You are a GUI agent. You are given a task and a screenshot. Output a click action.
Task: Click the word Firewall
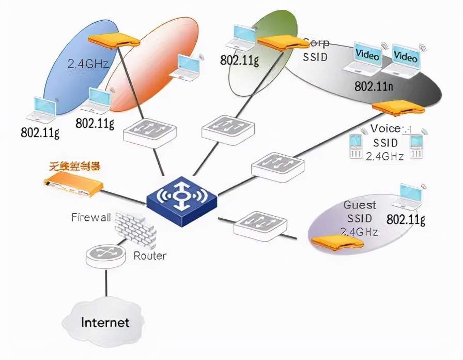pos(91,217)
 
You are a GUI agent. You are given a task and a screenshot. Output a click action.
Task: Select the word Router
pos(150,256)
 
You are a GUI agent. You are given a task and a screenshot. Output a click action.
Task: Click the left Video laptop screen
pos(367,56)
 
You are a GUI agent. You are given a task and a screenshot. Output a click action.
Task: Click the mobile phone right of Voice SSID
pos(417,146)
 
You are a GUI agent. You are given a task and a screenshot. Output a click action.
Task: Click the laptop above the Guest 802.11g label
pos(407,198)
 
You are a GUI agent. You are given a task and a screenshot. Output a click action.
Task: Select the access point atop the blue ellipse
pos(114,41)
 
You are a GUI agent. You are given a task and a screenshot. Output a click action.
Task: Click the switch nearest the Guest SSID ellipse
pos(259,224)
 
